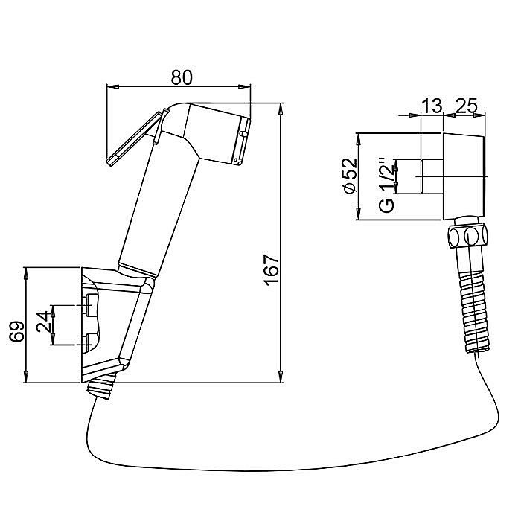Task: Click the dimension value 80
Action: [x=182, y=77]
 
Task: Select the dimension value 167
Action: [x=272, y=270]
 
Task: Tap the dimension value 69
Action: [x=17, y=331]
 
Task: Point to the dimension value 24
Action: [x=44, y=322]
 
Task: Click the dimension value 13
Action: [x=432, y=106]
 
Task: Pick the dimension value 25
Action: [x=466, y=106]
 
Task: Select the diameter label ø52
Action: [x=350, y=176]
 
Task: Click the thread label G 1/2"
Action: [x=387, y=185]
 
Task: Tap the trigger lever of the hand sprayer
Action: [x=135, y=138]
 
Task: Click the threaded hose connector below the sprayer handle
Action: [x=101, y=386]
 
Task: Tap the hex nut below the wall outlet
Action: [x=467, y=236]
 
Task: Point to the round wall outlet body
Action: [x=464, y=176]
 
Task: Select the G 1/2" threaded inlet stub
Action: [x=432, y=176]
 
